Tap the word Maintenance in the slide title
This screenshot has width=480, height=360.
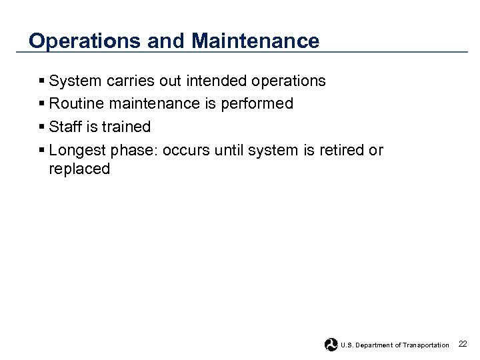(255, 41)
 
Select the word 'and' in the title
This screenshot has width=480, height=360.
(166, 41)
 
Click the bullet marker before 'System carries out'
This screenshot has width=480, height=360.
(43, 81)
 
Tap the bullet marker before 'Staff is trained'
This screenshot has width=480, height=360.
(43, 127)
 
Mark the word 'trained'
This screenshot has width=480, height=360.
(126, 127)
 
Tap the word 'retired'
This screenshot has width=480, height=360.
(341, 151)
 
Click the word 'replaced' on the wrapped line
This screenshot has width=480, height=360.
(79, 169)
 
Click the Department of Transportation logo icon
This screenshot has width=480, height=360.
(331, 345)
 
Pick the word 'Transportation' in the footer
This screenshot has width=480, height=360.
(425, 345)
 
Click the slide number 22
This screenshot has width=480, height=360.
(463, 344)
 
